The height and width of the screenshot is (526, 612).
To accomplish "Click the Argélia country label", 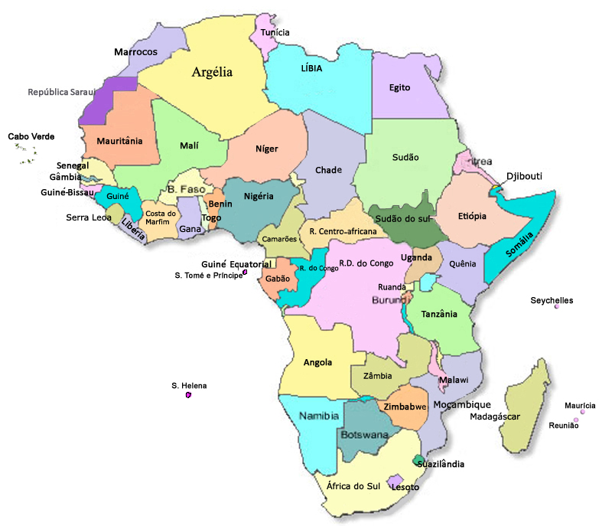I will (x=212, y=73).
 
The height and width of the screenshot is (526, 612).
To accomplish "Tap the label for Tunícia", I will (x=275, y=33).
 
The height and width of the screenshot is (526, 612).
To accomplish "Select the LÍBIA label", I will (x=311, y=68).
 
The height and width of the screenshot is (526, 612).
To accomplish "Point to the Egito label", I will (x=399, y=87).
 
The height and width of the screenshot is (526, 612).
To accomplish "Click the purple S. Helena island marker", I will (x=188, y=395).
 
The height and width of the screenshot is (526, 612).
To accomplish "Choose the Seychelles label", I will (x=552, y=301).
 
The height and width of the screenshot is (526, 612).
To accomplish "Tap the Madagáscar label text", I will (x=494, y=417).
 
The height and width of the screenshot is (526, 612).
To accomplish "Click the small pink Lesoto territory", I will (x=396, y=483).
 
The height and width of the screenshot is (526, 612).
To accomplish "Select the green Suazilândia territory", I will (x=418, y=460).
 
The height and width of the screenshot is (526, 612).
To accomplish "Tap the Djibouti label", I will (x=524, y=176).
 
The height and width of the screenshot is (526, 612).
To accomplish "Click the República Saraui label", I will (x=60, y=92).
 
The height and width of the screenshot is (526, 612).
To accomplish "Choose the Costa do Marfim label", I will (x=161, y=217).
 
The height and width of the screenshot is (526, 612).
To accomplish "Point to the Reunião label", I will (x=564, y=425).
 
